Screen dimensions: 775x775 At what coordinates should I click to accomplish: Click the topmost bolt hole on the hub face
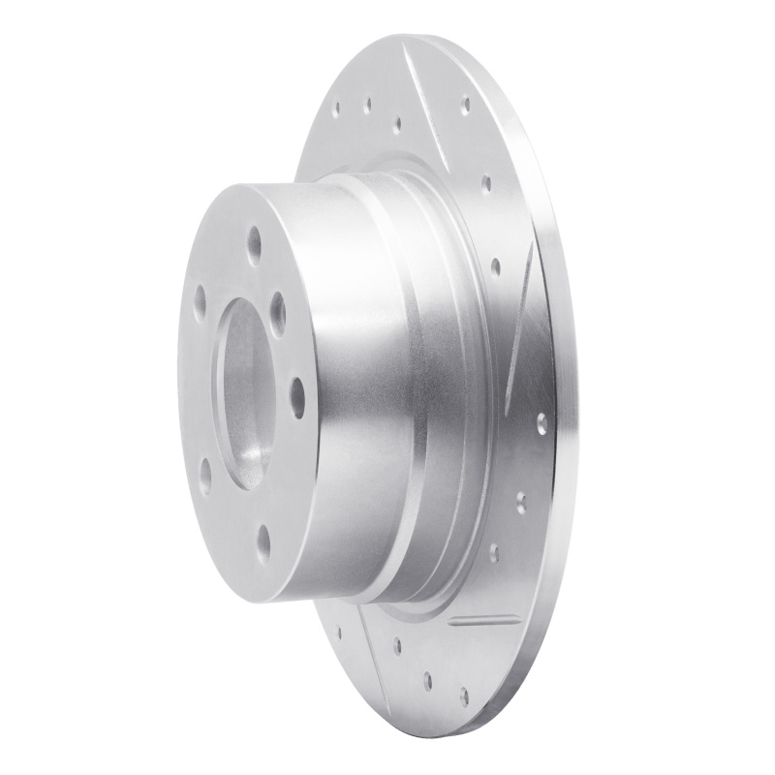(254, 237)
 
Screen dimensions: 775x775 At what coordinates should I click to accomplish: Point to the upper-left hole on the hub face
(200, 296)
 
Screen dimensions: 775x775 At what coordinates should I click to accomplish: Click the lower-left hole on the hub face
(205, 474)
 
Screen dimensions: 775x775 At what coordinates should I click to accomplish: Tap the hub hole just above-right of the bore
(278, 309)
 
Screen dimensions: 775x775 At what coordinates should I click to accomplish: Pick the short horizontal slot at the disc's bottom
(485, 617)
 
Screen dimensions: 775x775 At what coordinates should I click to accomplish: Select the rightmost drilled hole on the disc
(541, 421)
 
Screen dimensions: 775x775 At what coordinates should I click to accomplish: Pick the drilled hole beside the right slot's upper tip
(496, 263)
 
